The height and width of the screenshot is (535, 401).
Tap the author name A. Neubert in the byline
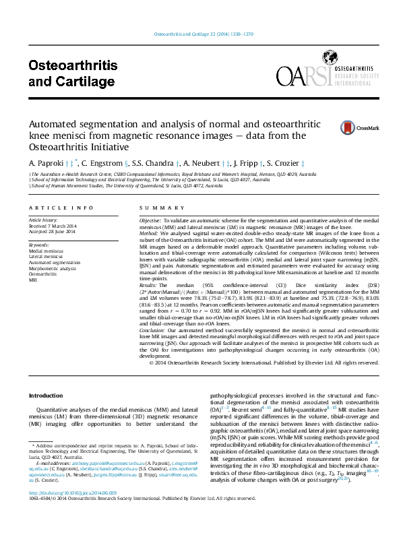(200, 163)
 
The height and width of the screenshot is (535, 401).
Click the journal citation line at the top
(204, 33)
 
